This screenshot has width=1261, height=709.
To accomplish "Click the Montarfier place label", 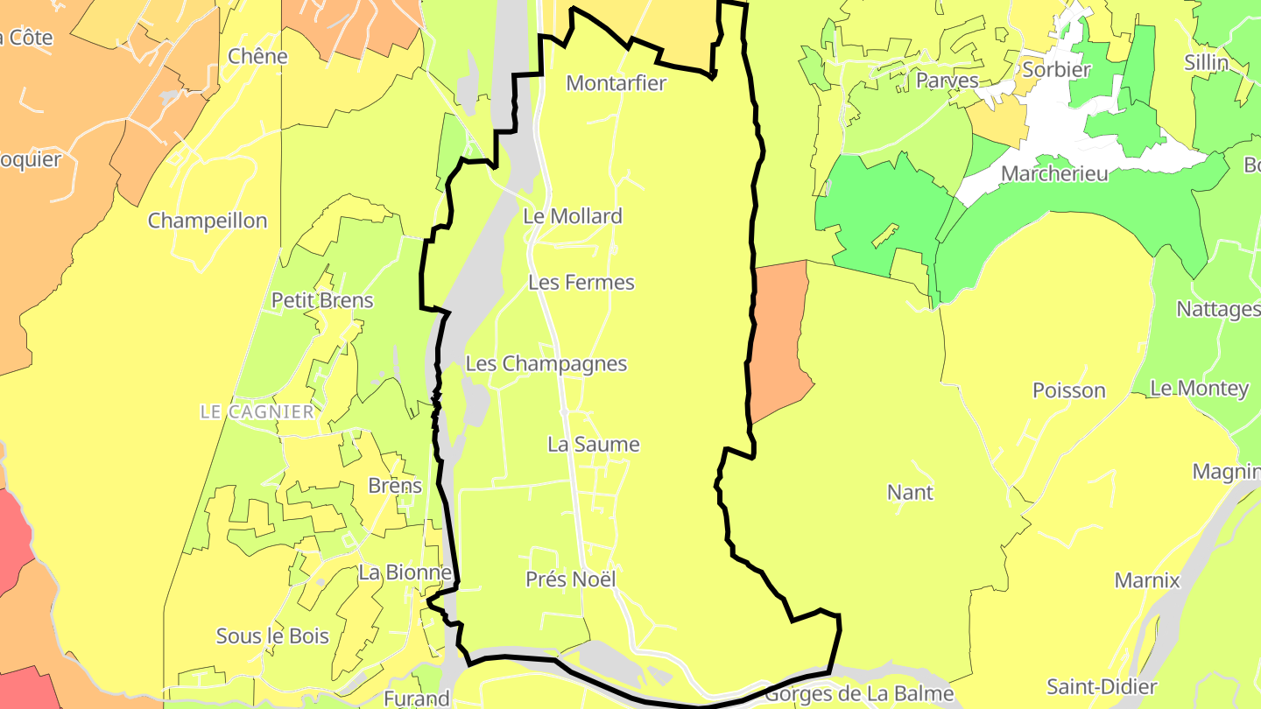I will tap(616, 83).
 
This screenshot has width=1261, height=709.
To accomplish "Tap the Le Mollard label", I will tap(573, 216).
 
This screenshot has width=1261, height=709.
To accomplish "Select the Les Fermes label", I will tap(581, 283).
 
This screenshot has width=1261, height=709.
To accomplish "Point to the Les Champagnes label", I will tap(546, 363).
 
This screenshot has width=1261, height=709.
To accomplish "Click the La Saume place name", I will tap(594, 445).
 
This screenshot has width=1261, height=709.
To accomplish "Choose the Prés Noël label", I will tap(571, 579).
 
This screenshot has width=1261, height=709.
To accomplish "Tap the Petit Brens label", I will tap(322, 300).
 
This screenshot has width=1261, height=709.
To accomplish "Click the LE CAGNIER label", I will tap(257, 411).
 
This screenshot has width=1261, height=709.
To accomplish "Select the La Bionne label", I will tap(405, 573).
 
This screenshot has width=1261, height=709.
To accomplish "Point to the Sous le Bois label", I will tap(272, 636).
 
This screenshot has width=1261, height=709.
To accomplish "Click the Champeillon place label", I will tap(208, 221).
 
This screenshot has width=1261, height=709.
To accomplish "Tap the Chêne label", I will tap(257, 56).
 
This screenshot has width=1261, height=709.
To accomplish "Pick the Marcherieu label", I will tap(1054, 173).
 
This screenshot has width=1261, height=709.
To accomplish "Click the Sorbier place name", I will tap(1056, 69).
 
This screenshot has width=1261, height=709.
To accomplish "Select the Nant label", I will tap(911, 492).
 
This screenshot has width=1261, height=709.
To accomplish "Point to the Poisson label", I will tap(1069, 390).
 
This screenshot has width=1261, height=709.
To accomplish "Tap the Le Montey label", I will tap(1199, 388).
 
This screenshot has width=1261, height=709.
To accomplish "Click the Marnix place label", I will tap(1147, 580).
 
